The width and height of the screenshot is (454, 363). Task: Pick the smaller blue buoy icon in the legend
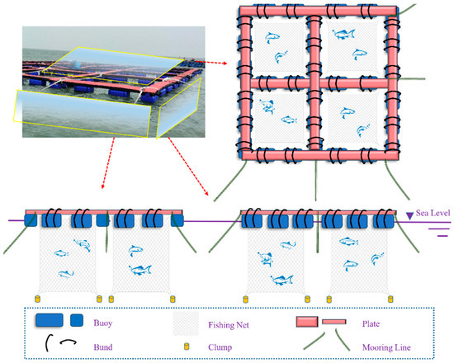tap(77, 319)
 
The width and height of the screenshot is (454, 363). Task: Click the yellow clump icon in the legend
tap(186, 346)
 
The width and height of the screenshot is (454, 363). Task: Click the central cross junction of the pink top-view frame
tap(314, 78)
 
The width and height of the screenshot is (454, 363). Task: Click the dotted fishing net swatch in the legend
tap(185, 319)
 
